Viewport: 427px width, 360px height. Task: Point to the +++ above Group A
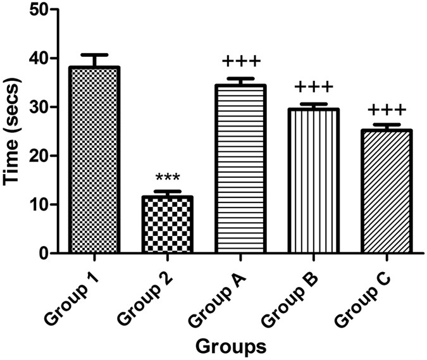(x=241, y=62)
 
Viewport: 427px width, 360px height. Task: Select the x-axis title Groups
(x=230, y=345)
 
